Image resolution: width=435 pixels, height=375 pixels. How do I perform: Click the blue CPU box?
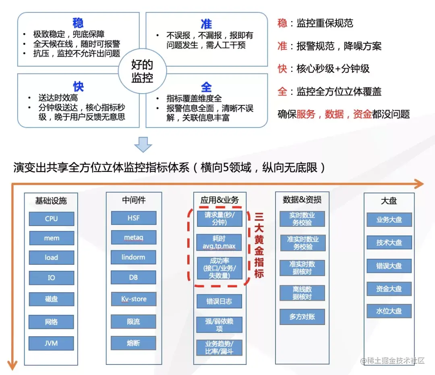click(x=52, y=219)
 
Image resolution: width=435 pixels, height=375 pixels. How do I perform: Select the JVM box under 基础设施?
click(x=52, y=344)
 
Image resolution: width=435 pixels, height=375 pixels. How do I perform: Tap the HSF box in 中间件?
click(x=133, y=218)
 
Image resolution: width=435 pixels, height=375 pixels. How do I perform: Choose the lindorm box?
click(x=133, y=257)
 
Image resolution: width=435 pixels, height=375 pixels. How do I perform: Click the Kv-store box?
click(x=133, y=299)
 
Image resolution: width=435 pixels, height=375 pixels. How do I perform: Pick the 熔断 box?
click(x=133, y=343)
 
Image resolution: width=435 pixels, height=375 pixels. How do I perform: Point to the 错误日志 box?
click(x=220, y=301)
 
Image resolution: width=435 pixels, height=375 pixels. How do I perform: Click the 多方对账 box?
click(x=302, y=317)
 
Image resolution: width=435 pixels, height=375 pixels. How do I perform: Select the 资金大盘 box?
click(x=389, y=289)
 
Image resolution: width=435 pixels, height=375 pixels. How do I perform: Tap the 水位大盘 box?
click(x=389, y=311)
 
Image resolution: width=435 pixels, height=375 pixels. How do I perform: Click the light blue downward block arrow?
click(x=143, y=144)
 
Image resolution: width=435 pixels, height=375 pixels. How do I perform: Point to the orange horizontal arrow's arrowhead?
click(x=419, y=184)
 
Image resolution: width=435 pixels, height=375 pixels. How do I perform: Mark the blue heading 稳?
click(x=78, y=23)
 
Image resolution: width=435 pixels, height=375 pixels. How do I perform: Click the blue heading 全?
click(x=206, y=87)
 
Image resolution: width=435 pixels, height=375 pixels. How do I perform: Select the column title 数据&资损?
click(x=302, y=199)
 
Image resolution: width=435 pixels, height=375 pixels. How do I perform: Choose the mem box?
click(x=52, y=238)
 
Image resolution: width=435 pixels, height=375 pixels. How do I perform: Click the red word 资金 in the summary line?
click(x=362, y=114)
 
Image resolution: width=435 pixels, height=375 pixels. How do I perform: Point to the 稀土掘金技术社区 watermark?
click(x=393, y=360)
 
